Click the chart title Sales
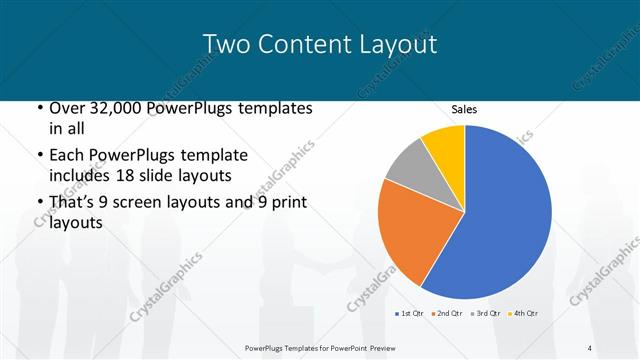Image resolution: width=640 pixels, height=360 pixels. point(465,109)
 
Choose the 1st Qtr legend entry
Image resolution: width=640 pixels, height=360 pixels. point(409,314)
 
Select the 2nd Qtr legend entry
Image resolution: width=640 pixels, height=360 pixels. point(446,314)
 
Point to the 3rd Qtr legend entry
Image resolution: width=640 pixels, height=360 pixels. point(485,314)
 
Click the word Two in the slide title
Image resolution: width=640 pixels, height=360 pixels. point(225,44)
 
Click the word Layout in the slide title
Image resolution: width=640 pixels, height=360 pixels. point(397,44)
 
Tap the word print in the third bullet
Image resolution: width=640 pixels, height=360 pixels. point(285,203)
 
